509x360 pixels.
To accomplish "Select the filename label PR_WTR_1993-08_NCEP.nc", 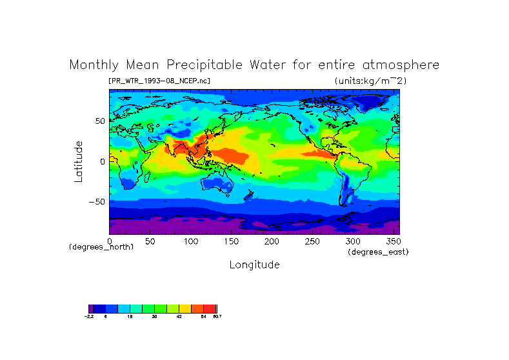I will pos(159,81).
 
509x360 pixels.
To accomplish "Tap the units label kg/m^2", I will pos(370,81).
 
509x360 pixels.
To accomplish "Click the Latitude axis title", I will pos(79,161).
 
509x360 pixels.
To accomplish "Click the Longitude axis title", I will pos(254,265).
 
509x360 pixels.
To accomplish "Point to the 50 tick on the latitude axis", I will pos(100,121).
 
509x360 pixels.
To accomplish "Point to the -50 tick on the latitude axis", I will pos(97,201).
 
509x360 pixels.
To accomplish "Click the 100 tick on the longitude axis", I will pos(190,241).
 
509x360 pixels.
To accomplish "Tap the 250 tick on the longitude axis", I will pos(312,241).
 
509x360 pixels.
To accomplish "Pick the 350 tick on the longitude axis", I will pos(393,241).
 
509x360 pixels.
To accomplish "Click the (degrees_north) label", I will pos(101,247).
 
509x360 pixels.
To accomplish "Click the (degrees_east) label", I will pos(378,252).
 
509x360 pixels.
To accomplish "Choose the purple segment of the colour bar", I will pos(91,309).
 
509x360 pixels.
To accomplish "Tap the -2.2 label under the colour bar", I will pos(89,317).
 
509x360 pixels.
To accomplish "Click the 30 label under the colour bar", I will pos(154,317).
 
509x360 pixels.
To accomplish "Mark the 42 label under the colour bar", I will pos(179,317).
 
